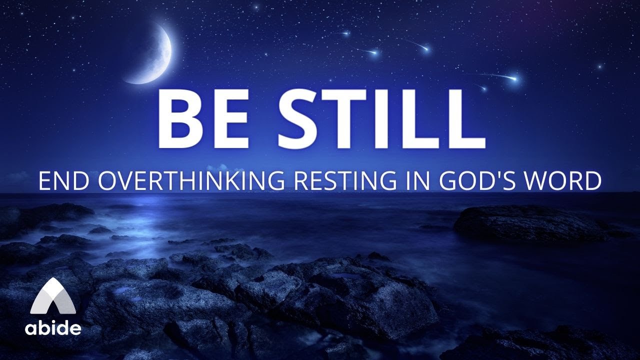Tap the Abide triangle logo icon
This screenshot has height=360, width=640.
pyautogui.click(x=53, y=298)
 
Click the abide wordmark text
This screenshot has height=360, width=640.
pyautogui.click(x=53, y=328)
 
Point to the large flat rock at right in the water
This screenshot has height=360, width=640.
pyautogui.click(x=525, y=222)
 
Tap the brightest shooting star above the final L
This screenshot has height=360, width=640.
pyautogui.click(x=513, y=78)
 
